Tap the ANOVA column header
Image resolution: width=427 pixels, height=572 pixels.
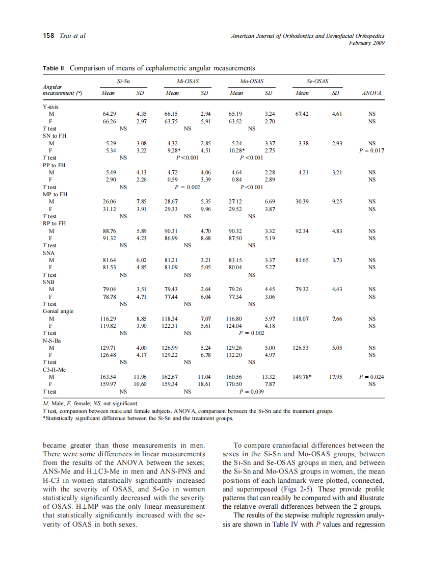point(371,93)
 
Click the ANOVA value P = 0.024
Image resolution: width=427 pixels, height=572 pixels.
point(371,377)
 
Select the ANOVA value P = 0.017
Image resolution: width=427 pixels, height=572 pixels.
point(371,151)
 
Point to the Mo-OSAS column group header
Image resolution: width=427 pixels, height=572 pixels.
point(252,81)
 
